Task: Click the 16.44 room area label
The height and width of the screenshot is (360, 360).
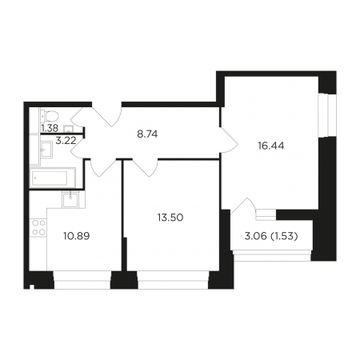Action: pos(270,146)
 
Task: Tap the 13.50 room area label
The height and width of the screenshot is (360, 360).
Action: pos(170,218)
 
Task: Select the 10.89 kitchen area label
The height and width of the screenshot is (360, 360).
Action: pos(77,236)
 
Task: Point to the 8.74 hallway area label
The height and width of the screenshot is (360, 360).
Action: pos(147,134)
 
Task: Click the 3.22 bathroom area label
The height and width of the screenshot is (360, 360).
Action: pos(66,140)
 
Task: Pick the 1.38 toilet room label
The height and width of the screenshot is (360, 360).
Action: pos(50,129)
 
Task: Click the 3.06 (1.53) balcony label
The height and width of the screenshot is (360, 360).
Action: pos(271,236)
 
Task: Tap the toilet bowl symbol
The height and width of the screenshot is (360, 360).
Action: pos(50,116)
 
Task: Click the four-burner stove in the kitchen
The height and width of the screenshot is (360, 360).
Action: pos(38,227)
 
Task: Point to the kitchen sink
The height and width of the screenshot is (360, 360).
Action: pos(70,200)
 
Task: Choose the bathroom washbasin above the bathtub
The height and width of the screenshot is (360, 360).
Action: pos(46,150)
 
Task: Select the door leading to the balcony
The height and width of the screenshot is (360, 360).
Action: pos(243,206)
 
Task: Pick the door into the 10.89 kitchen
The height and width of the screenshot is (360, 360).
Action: pos(103,167)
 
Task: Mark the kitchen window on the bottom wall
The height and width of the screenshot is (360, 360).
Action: pos(82,280)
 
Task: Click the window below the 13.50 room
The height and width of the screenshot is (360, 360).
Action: pos(173,280)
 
